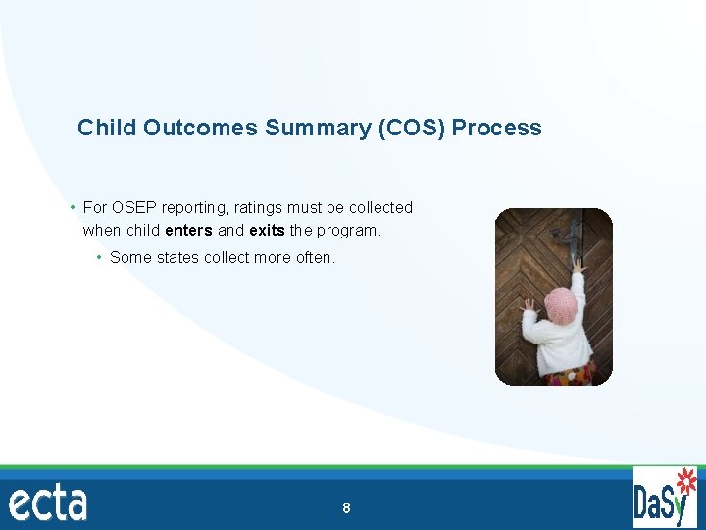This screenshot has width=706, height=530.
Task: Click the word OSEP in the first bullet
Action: (132, 208)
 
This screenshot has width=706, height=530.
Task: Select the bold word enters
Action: (188, 231)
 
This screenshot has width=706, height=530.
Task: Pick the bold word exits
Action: (267, 231)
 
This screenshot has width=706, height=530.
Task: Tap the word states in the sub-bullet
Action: (176, 258)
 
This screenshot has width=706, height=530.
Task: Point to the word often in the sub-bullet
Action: (315, 258)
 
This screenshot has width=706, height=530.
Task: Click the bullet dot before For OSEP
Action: (74, 208)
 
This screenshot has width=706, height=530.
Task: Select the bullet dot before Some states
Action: (100, 258)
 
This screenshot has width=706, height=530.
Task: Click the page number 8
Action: (346, 508)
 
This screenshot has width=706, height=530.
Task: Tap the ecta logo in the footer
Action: (48, 503)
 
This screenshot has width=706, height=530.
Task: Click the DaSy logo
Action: (665, 499)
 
